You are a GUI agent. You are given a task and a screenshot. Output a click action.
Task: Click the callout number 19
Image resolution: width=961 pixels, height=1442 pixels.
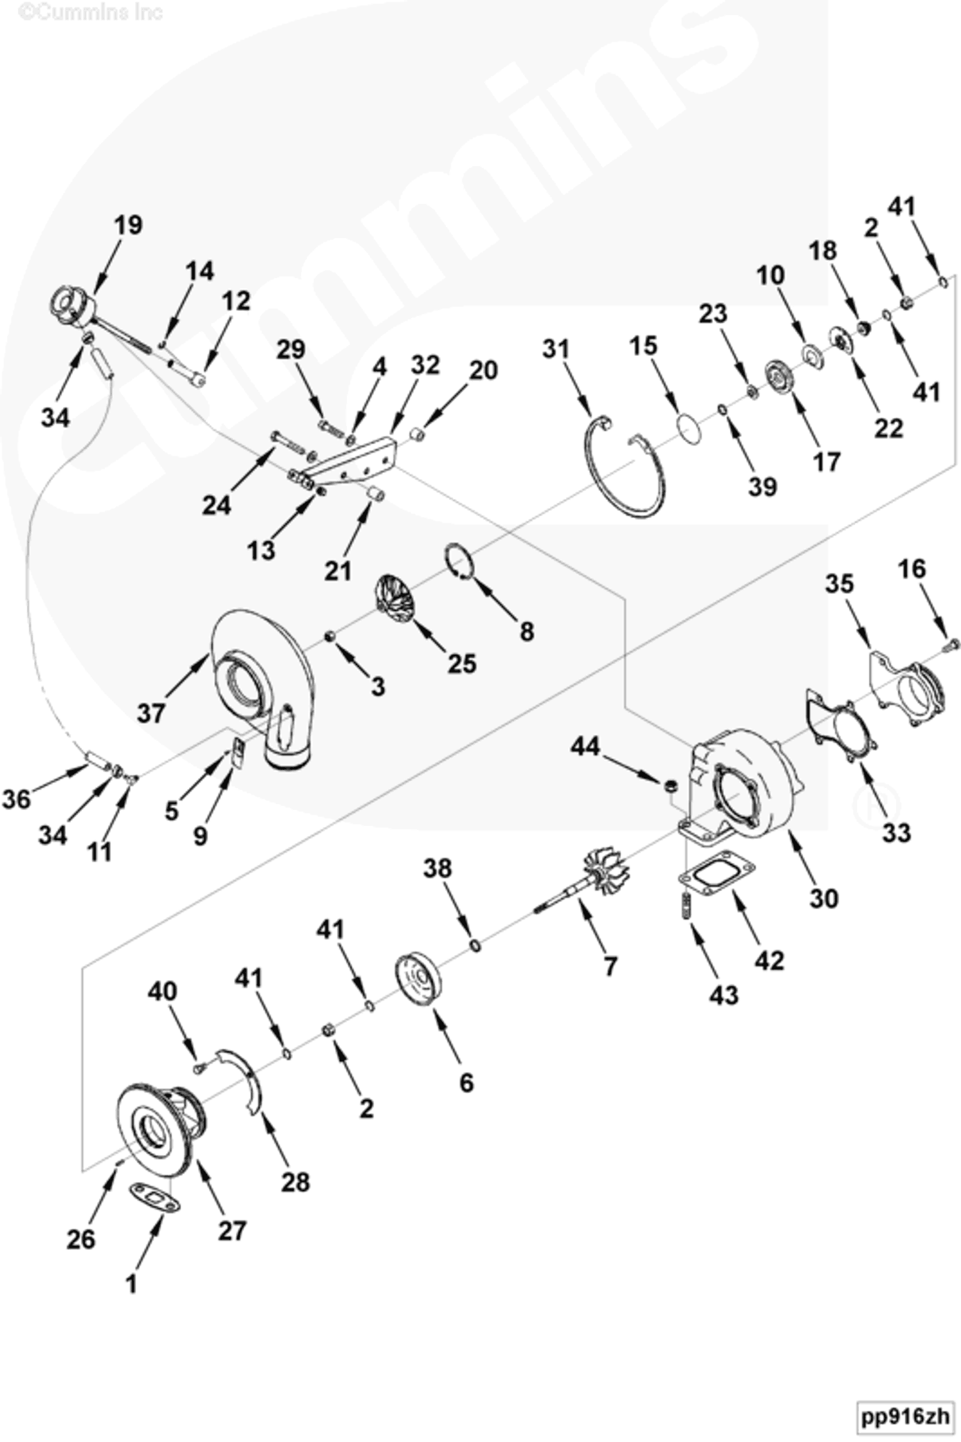[x=128, y=225]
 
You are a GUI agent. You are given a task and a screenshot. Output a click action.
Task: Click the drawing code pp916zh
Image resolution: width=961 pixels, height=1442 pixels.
[x=904, y=1416]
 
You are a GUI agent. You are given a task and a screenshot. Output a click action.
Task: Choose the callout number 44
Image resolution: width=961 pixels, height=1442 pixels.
[x=585, y=746]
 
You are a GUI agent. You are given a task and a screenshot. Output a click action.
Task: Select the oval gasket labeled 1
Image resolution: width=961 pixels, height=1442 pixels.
[x=154, y=1198]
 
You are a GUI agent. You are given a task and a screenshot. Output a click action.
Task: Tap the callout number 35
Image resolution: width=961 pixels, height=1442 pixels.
[x=839, y=584]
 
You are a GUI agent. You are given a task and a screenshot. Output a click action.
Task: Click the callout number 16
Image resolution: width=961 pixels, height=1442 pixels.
[x=911, y=569]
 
